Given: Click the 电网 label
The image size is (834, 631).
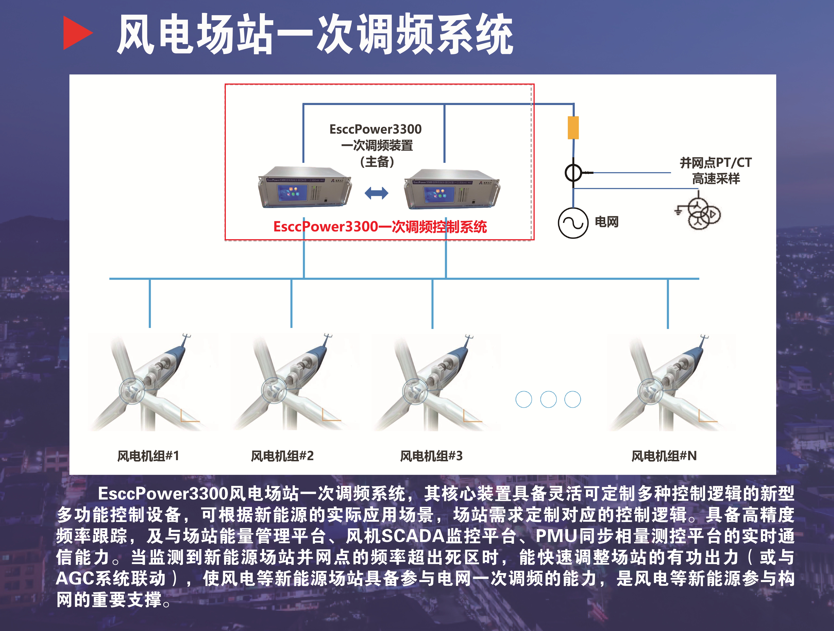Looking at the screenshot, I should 607,222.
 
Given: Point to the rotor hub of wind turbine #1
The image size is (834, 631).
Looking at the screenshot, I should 132,391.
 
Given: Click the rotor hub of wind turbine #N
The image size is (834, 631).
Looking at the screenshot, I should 650,391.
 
